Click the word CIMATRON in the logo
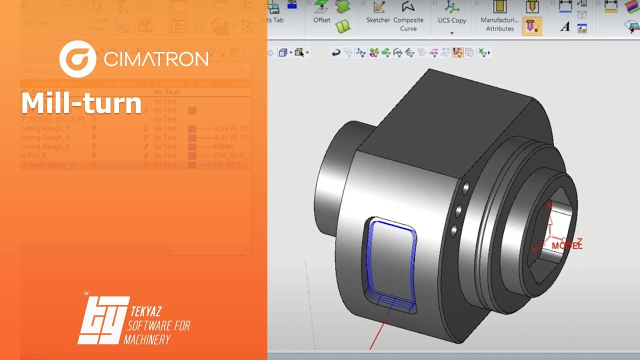coord(156,59)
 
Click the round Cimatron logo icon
coord(77,59)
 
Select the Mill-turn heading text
coord(81,103)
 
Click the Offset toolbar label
coord(321,20)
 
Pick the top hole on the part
coord(465,188)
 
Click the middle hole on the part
coord(459,209)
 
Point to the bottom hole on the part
coord(454,230)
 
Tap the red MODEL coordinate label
coord(567,246)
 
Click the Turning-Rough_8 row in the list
coord(45,146)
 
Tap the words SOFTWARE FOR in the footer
coord(159,326)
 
